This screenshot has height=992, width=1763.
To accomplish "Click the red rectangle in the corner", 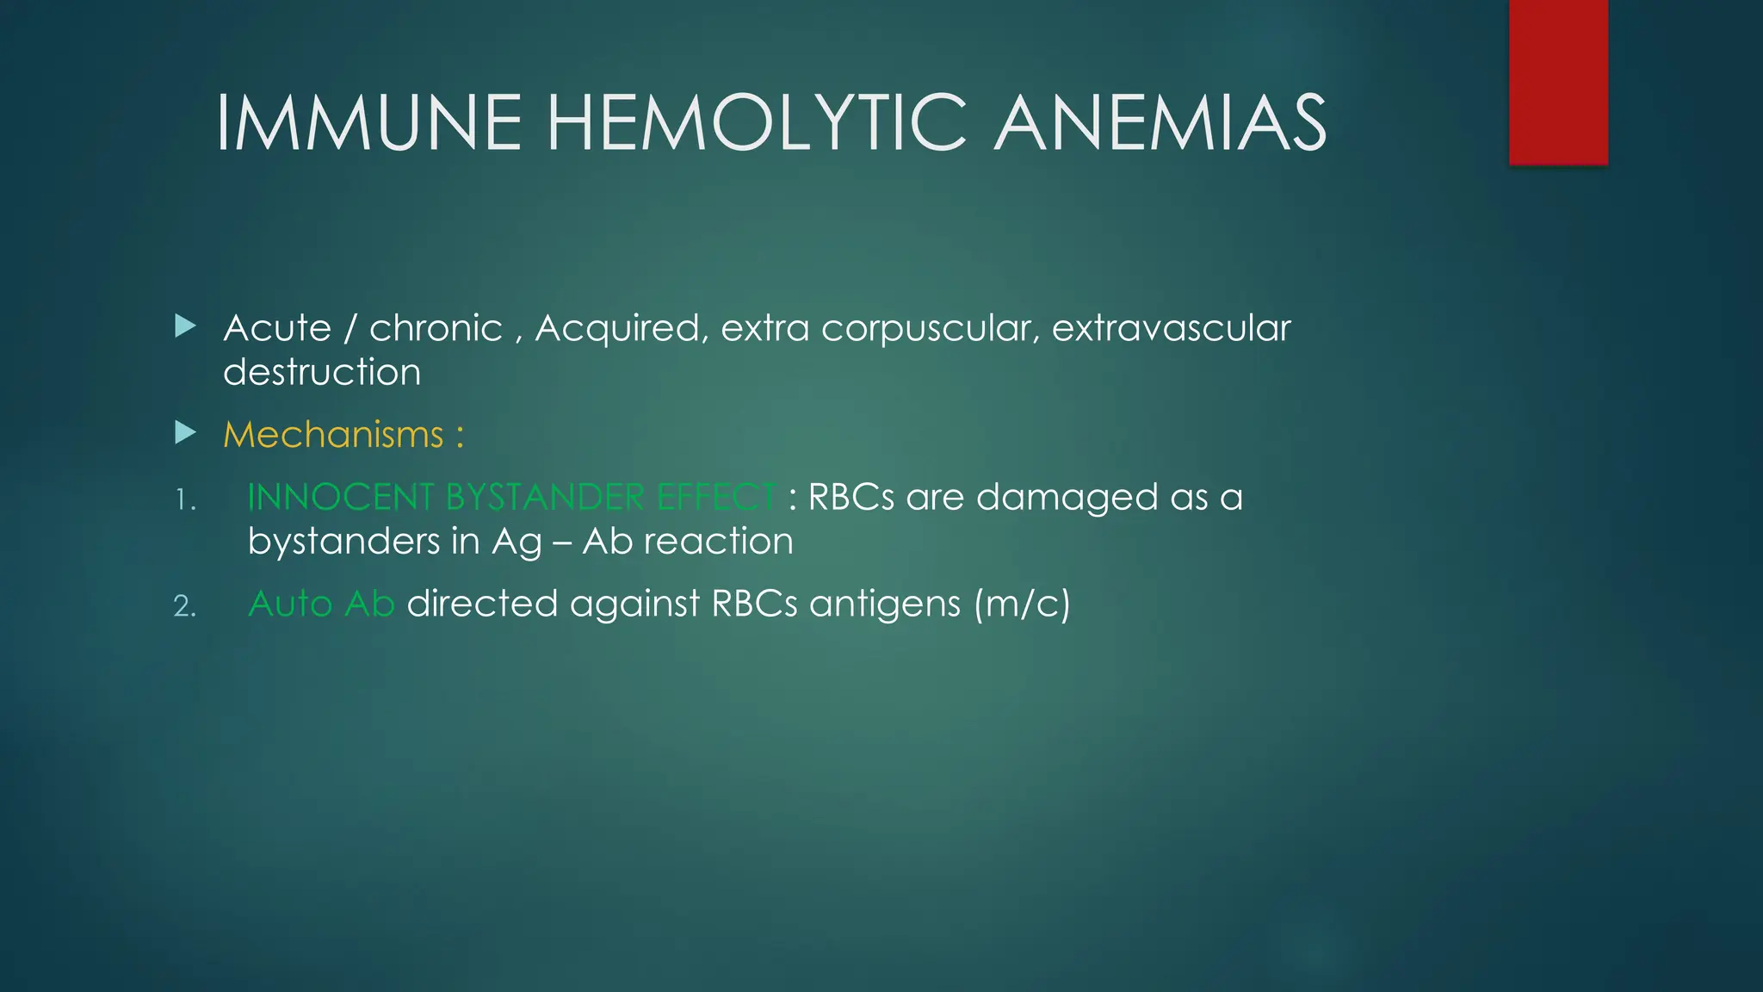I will tap(1558, 82).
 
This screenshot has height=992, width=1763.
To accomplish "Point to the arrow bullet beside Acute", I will tap(185, 326).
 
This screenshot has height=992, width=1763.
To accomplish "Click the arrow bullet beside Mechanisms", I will tap(185, 432).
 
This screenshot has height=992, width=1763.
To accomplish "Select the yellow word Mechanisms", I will tap(333, 434).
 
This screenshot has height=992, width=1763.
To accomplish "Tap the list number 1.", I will tap(185, 499).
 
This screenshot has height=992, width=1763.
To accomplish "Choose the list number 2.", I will tap(185, 606).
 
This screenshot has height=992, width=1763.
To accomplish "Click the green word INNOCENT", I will tap(340, 497).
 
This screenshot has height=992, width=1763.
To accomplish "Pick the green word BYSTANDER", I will tap(544, 497).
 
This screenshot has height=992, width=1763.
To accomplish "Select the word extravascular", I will tap(1171, 328).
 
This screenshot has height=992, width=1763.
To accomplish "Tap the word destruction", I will tap(322, 372).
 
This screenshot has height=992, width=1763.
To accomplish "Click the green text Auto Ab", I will tap(321, 604).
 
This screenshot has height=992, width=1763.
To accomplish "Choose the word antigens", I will tap(885, 604).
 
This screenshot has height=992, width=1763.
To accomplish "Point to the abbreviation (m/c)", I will tap(1023, 604).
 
